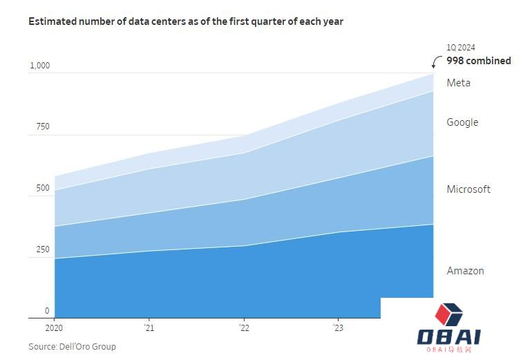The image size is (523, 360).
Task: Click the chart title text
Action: coord(185,21)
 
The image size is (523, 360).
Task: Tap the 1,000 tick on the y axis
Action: coord(39,66)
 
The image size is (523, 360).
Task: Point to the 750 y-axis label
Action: coord(43,127)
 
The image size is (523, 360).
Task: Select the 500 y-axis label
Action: coord(43,189)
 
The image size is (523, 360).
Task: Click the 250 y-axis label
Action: coord(43,249)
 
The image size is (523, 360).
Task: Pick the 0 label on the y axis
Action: coord(47,311)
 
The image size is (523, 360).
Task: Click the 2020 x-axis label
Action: coord(54,328)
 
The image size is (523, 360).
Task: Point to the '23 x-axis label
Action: coord(337,328)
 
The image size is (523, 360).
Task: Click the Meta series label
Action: coord(459,83)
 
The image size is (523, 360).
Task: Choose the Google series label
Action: coord(462,122)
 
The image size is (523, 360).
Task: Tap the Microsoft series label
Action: coord(468,189)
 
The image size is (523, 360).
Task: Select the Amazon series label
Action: coord(465,271)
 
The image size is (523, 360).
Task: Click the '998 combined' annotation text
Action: coord(479,61)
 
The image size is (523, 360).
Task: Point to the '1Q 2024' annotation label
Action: coord(460,48)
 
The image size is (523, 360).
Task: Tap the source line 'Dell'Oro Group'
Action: coord(72,346)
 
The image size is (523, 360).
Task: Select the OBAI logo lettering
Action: coord(449,338)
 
